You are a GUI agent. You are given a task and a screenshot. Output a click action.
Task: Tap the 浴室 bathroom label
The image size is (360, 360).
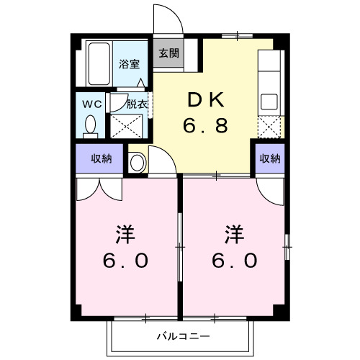(130, 63)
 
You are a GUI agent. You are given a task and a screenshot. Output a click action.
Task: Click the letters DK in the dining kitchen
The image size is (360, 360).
(205, 99)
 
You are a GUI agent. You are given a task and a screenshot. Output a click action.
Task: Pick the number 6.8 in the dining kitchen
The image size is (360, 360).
(205, 126)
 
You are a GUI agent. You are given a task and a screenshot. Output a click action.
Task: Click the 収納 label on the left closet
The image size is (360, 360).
(101, 158)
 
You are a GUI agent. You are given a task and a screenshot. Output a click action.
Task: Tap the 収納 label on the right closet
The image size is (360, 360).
(269, 158)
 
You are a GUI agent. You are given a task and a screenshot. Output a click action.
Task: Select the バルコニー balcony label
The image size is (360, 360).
(183, 336)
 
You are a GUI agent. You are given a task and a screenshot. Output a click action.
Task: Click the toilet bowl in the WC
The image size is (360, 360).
(91, 127)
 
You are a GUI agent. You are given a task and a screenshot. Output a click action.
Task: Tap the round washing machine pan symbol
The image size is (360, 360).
(137, 162)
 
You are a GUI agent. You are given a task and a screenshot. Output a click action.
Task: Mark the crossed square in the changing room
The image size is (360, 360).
(127, 126)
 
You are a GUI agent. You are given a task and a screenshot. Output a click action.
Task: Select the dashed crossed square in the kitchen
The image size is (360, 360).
(269, 127)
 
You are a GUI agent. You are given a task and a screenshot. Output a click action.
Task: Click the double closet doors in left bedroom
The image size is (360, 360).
(101, 189)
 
